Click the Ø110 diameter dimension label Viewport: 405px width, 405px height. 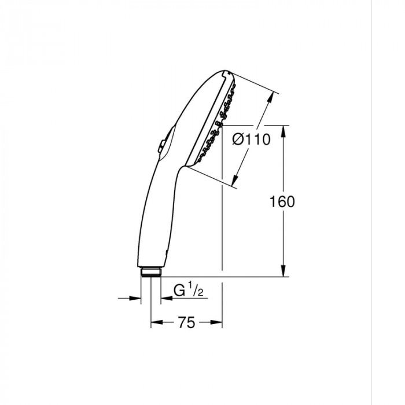252,140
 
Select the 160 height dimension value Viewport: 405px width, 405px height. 282,201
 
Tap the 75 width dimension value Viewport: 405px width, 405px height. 186,323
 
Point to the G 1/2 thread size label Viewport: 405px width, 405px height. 189,290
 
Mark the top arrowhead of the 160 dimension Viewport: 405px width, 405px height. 283,131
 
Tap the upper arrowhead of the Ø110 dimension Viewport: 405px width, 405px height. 270,98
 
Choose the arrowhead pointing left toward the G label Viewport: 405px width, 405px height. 165,299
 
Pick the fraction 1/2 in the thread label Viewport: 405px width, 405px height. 195,290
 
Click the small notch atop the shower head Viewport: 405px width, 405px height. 223,74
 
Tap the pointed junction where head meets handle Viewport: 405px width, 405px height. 183,167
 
